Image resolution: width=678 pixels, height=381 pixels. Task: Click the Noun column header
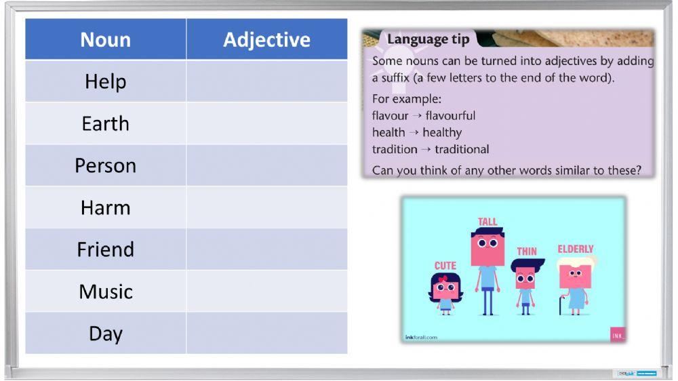[106, 39]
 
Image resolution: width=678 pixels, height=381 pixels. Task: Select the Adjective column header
[266, 39]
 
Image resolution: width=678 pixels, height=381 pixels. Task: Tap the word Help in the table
[106, 81]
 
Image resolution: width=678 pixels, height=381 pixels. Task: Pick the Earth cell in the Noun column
[106, 123]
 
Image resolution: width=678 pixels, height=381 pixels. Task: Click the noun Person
[106, 165]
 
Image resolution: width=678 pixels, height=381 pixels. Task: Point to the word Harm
[106, 207]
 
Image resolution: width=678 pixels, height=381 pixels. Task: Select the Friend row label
[106, 249]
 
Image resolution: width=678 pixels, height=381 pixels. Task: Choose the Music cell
[106, 292]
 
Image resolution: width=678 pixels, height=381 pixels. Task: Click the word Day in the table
[106, 334]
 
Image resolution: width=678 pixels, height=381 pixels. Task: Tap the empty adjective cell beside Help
[266, 81]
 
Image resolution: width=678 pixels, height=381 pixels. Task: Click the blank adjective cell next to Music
[266, 292]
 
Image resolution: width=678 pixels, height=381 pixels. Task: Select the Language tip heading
[428, 39]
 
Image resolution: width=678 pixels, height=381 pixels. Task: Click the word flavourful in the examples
[450, 116]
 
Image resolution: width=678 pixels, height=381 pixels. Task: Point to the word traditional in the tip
[462, 150]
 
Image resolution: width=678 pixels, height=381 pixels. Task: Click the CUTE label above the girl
[445, 265]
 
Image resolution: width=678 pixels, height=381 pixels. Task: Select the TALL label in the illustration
[487, 222]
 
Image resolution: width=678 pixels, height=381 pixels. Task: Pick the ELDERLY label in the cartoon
[576, 249]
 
